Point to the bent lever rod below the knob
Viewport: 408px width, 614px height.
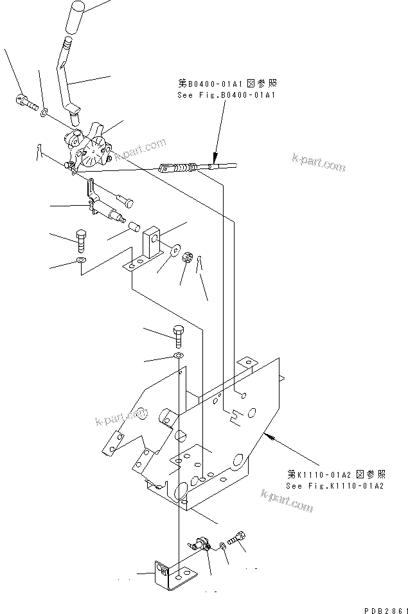(x=66, y=77)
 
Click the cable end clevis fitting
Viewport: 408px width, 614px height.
(x=166, y=169)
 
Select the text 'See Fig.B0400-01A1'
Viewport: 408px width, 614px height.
(x=226, y=95)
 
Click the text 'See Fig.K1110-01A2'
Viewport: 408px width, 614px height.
(x=335, y=485)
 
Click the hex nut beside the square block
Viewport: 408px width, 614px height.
(x=188, y=258)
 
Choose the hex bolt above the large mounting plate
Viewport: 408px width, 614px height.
(x=178, y=334)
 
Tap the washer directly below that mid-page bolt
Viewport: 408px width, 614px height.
(x=178, y=356)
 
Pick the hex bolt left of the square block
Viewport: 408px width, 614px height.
(x=81, y=240)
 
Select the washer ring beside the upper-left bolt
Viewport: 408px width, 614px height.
(x=44, y=113)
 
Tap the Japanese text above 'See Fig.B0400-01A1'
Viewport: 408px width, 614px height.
(x=229, y=84)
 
